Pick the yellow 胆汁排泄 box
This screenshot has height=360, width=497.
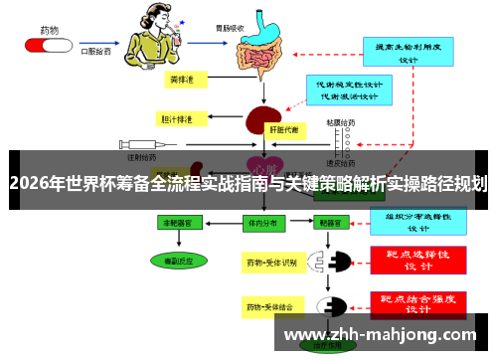point(179,118)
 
